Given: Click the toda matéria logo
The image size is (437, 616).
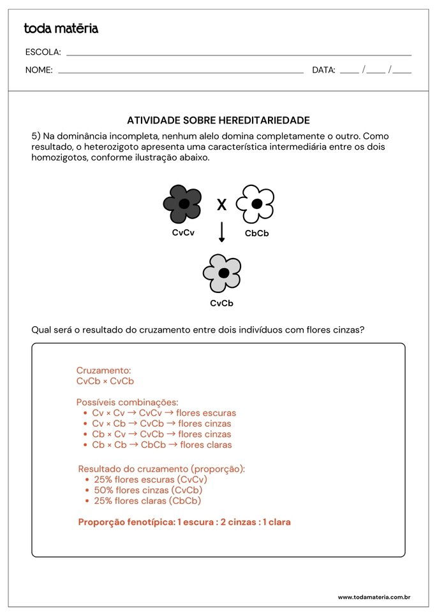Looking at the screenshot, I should (x=61, y=29).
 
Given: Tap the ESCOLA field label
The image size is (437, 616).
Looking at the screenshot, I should (x=43, y=52).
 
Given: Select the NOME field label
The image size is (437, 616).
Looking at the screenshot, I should (x=39, y=70).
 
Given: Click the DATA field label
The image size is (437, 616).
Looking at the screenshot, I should (x=323, y=70).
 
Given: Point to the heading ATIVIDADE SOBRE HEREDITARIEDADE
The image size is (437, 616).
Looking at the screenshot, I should (x=218, y=120).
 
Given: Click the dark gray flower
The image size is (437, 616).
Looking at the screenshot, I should (x=182, y=204).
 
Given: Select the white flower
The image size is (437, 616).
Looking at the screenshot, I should (x=255, y=204).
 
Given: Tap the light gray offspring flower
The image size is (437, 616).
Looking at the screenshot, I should (x=222, y=273).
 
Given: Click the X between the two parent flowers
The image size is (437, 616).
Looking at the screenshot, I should (x=221, y=205).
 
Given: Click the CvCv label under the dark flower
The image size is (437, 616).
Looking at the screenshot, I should (x=183, y=233).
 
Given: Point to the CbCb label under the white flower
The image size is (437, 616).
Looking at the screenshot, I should (x=257, y=234).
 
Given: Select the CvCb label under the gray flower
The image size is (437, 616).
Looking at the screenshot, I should (x=222, y=303).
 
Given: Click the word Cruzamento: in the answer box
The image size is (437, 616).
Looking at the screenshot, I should (x=103, y=370).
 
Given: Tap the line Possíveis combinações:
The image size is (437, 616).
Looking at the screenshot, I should (x=127, y=402).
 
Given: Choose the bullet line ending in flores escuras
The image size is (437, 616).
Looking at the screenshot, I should (x=164, y=413).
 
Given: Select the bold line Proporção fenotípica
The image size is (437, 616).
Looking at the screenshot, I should (x=184, y=522).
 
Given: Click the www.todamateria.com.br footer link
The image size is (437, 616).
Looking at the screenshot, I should (x=374, y=597).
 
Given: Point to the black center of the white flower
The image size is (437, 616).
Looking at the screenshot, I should (x=256, y=204).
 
